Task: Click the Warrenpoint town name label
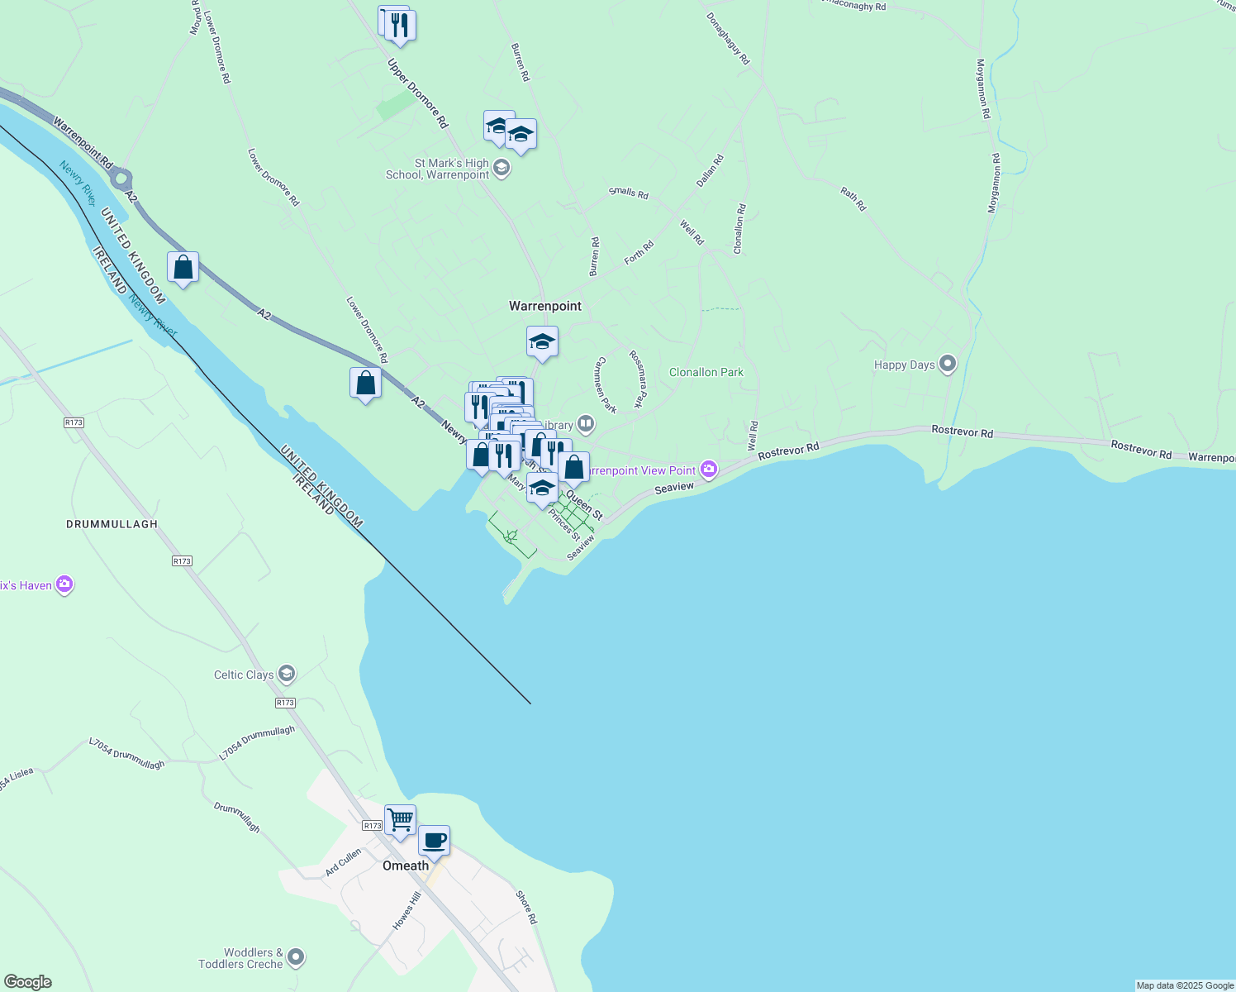tap(545, 306)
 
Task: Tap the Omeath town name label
tap(406, 866)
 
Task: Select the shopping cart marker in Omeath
tap(401, 820)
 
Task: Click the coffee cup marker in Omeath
tap(434, 841)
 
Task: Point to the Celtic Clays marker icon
tap(287, 674)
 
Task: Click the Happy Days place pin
tap(948, 364)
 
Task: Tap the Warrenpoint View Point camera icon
tap(709, 470)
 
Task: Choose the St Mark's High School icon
tap(501, 169)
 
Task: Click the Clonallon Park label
tap(706, 372)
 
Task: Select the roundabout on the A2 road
tap(121, 178)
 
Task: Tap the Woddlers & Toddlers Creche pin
tap(296, 958)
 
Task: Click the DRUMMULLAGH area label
tap(112, 524)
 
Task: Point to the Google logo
tap(27, 982)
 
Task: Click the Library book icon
tap(586, 425)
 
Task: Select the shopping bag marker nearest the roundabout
tap(183, 268)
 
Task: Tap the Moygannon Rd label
tap(982, 88)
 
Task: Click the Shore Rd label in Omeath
tap(526, 907)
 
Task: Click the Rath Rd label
tap(853, 199)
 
